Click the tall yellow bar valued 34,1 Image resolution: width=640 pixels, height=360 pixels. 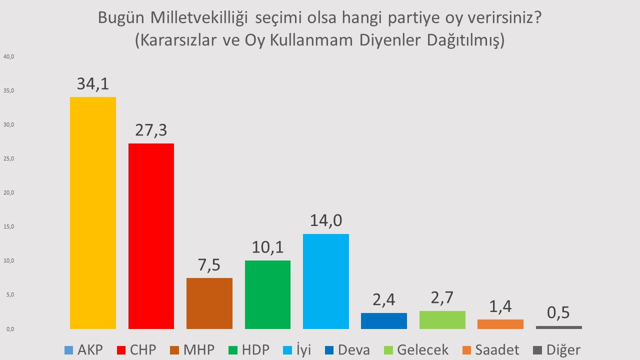(93, 212)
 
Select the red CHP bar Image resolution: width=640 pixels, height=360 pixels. (151, 236)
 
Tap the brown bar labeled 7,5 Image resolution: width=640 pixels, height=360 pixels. (209, 303)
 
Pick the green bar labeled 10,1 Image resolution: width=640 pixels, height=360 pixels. (267, 294)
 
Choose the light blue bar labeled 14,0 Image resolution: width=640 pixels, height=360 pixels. (326, 281)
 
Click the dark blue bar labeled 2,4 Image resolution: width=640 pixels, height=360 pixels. (384, 321)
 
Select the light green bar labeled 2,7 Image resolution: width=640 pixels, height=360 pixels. (442, 320)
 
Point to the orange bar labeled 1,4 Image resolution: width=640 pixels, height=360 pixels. (500, 324)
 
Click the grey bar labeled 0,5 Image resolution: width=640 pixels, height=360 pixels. (558, 327)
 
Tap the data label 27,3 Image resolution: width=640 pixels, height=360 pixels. (151, 130)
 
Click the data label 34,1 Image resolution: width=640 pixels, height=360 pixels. (93, 83)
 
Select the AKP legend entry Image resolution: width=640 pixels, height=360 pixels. (83, 349)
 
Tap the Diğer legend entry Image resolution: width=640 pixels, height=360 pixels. (556, 349)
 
